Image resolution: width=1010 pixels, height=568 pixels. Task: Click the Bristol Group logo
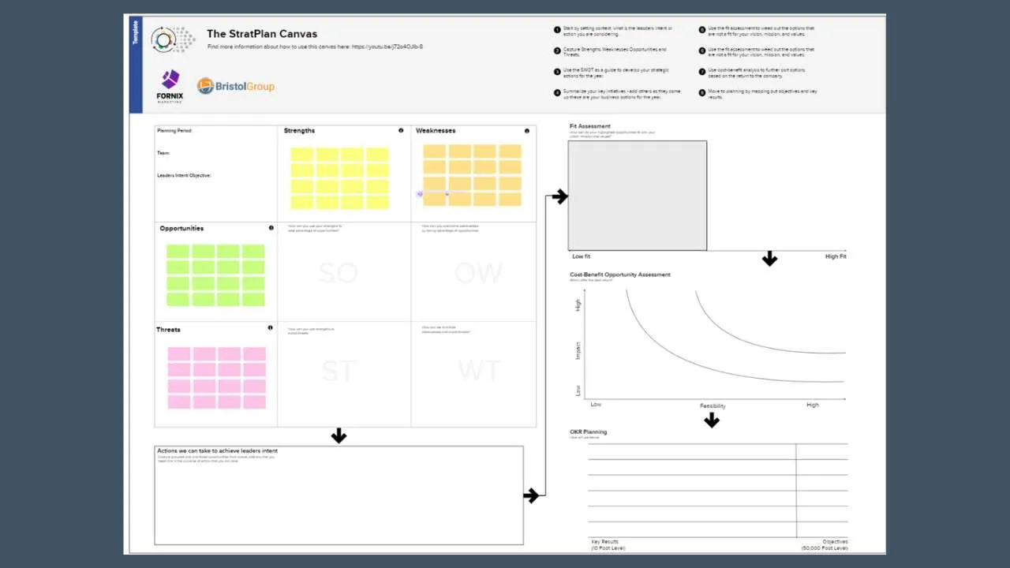pos(236,86)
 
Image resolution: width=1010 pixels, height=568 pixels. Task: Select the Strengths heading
pos(299,131)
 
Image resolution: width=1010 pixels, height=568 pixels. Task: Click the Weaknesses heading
pos(436,131)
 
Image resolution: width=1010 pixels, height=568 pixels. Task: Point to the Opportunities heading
pos(181,229)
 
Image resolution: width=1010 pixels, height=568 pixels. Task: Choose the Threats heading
pos(168,330)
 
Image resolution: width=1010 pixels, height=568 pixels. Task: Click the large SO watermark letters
pos(338,273)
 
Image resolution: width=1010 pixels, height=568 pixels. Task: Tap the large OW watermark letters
pos(478,273)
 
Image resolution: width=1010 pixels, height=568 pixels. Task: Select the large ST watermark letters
pos(338,371)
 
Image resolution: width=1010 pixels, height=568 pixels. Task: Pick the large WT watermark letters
pos(478,371)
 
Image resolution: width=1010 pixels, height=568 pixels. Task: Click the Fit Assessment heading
pos(589,126)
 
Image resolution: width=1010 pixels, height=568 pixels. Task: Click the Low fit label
pos(581,256)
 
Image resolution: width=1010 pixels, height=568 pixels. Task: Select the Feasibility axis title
pos(713,405)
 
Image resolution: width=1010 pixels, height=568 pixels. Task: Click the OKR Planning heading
pos(589,432)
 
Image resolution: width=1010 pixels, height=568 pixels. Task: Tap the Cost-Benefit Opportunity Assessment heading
pos(620,275)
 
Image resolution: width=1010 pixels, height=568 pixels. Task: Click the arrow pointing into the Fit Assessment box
pos(559,196)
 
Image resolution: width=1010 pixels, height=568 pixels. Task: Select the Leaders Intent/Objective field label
pos(184,175)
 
